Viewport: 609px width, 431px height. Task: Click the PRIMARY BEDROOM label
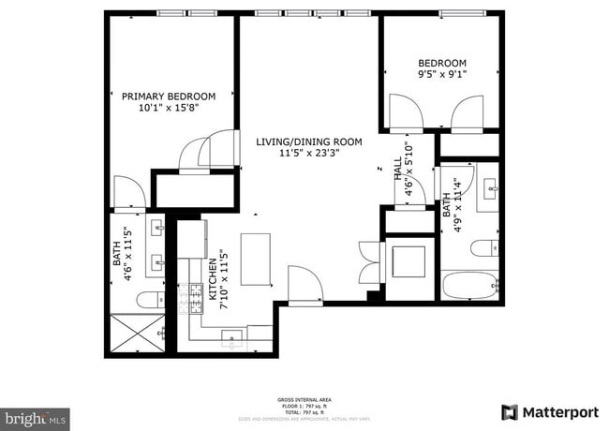[169, 96]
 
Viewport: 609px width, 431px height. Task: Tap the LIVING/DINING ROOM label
[308, 141]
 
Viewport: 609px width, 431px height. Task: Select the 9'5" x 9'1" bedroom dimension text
[441, 74]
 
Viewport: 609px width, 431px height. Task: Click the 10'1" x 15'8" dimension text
[169, 108]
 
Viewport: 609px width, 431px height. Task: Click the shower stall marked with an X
[136, 334]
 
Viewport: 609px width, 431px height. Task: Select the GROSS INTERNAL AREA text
[304, 398]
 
